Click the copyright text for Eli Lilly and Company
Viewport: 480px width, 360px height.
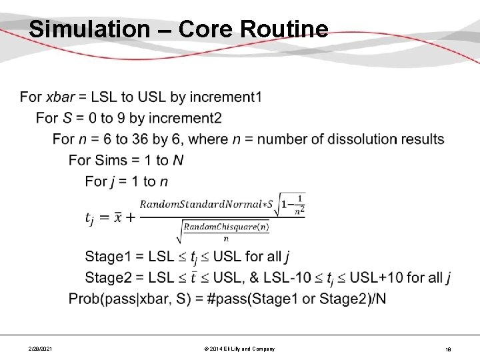[239, 349]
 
